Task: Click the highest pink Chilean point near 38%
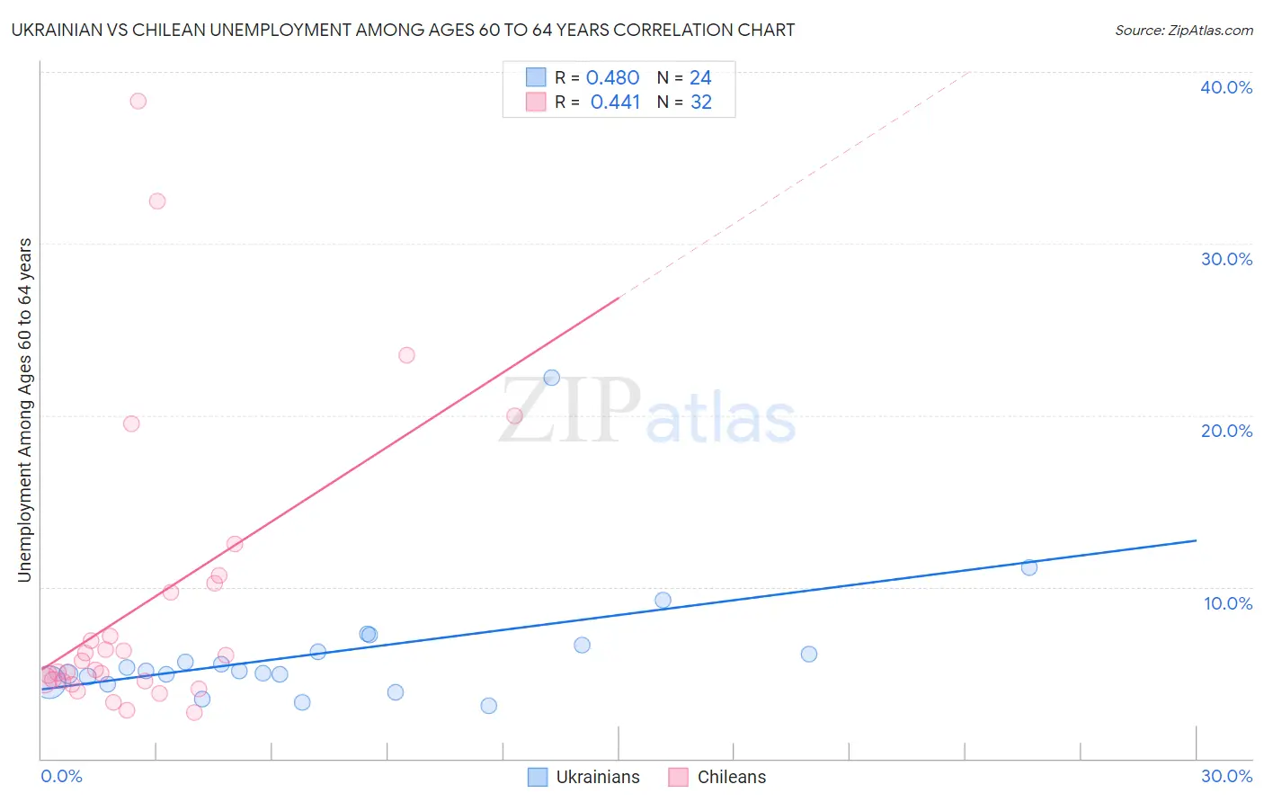click(x=138, y=101)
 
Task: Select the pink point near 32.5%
click(x=157, y=201)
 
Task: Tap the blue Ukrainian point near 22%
click(x=552, y=378)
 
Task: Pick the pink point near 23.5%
click(x=406, y=355)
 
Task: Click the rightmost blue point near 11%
click(x=1029, y=567)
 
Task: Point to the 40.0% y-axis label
click(x=1226, y=87)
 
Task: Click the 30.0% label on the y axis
click(x=1226, y=259)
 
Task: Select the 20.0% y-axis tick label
click(x=1226, y=431)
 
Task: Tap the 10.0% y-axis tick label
click(x=1228, y=603)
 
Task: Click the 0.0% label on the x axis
click(x=61, y=776)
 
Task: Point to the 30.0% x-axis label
click(x=1226, y=776)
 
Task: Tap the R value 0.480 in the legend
click(x=612, y=78)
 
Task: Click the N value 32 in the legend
click(x=701, y=102)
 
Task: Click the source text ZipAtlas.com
click(x=1183, y=30)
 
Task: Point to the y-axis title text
click(x=24, y=410)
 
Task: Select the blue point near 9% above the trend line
click(x=663, y=600)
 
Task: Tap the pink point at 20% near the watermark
click(x=514, y=415)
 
